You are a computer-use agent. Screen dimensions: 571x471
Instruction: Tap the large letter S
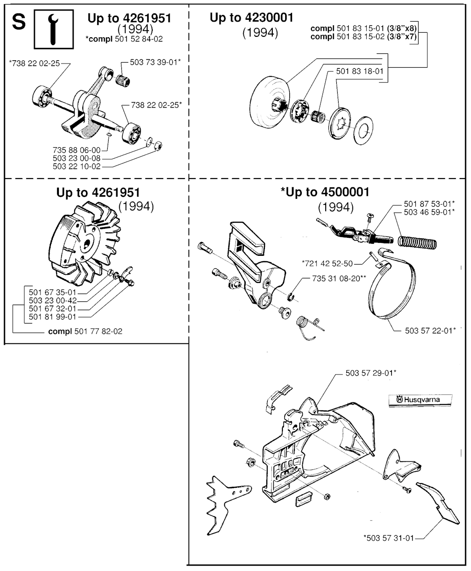tap(19, 22)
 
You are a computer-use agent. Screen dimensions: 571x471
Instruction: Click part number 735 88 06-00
tap(76, 150)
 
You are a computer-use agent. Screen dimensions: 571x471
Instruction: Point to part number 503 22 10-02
tap(76, 167)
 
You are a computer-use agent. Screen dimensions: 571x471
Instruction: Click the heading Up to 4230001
tap(251, 18)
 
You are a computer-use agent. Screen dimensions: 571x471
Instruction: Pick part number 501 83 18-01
tap(359, 71)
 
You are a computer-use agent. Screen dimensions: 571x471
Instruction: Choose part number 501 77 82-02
tap(98, 331)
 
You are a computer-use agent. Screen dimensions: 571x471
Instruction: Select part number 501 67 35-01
tap(52, 292)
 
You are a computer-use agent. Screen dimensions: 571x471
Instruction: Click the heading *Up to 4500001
tap(325, 192)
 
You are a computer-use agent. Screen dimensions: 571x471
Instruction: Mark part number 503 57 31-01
tap(389, 537)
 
